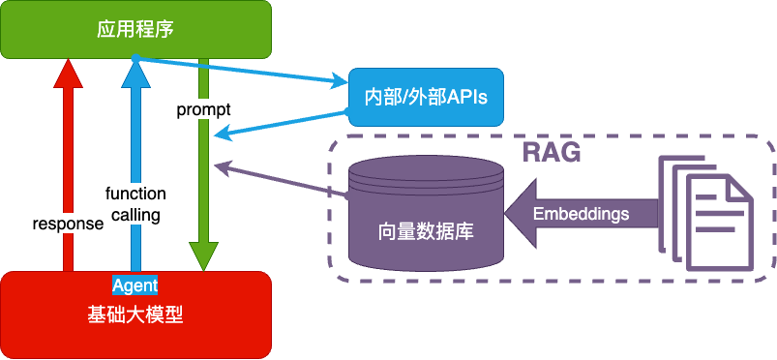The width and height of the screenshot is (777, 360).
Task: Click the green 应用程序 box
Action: [135, 29]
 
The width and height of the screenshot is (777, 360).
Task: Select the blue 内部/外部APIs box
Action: [426, 97]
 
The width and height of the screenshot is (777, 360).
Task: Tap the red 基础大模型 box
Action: [135, 315]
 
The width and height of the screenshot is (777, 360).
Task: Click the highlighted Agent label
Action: [134, 285]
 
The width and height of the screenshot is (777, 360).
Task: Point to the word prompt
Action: [203, 110]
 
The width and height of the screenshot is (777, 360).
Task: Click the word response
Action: [69, 224]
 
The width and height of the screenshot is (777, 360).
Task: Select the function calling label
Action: [135, 204]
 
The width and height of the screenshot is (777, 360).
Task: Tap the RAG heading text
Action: [552, 153]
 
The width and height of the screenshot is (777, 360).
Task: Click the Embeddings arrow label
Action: [581, 214]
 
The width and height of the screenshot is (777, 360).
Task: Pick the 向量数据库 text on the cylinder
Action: [426, 231]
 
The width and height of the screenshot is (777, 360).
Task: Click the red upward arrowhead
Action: [69, 73]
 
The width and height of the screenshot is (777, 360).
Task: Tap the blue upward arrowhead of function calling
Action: [135, 73]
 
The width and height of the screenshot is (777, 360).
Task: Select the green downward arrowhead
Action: [203, 256]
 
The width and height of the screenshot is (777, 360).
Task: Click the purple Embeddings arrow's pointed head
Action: [521, 214]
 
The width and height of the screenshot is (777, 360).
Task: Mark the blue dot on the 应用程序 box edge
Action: [135, 58]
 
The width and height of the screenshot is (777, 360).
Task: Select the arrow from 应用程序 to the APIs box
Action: [242, 70]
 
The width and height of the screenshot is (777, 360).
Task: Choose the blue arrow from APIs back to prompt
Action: [281, 125]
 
